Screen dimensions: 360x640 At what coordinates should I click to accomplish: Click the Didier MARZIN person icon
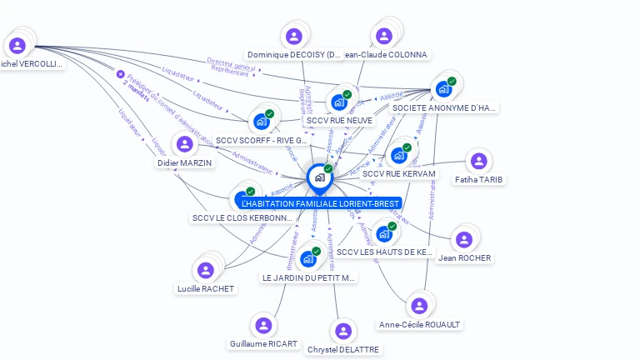coord(184,144)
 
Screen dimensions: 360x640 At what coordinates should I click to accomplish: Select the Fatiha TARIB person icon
coord(477,161)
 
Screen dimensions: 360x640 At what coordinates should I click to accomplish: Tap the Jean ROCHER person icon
coord(463,239)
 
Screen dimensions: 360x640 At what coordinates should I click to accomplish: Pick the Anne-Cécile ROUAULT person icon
coord(419,306)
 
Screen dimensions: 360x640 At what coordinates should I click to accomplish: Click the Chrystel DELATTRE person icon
coord(343,331)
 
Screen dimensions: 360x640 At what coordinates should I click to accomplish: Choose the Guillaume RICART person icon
coord(263,325)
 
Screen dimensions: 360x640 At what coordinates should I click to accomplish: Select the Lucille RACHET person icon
coord(205,270)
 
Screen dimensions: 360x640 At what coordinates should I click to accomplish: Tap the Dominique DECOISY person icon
coord(293,36)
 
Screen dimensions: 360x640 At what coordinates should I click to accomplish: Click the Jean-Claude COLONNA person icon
coord(383,36)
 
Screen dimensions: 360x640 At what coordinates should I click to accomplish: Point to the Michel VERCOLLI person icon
coord(17,45)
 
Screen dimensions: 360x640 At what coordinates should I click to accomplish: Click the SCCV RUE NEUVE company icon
coord(338,102)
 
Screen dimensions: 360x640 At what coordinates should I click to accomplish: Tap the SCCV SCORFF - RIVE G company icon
coord(262,121)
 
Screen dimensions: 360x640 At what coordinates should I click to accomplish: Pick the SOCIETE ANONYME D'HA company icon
coord(443,88)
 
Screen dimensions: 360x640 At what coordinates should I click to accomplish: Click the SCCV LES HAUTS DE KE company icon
coord(383,233)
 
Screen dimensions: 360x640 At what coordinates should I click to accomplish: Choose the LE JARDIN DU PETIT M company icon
coord(308,258)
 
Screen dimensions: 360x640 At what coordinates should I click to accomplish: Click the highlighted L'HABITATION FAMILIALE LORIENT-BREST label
coord(320,203)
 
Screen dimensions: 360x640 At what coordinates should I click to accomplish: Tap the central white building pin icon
coord(319,177)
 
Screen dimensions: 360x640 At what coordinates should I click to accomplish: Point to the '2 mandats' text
coord(136,90)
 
